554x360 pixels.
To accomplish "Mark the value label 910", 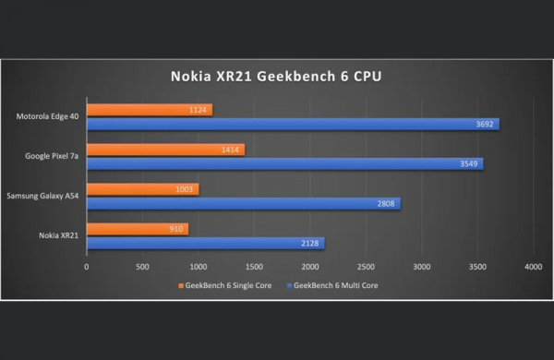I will [176, 229].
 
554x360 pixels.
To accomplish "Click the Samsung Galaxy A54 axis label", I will [44, 196].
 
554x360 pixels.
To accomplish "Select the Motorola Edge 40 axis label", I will [48, 116].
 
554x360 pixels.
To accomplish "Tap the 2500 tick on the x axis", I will [366, 267].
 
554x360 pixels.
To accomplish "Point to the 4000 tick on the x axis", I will [533, 267].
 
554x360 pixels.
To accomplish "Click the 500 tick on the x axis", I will [142, 267].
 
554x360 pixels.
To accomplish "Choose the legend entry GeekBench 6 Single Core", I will [230, 285].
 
